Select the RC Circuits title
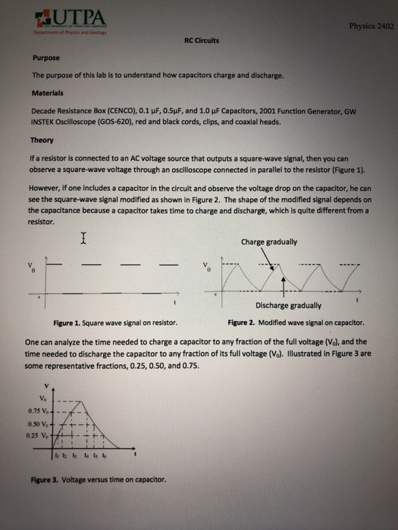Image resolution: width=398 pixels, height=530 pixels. [202, 42]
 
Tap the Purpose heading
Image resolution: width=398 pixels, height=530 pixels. [45, 57]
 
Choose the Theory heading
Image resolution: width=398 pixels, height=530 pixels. [42, 141]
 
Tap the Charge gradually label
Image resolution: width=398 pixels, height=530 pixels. [269, 242]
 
